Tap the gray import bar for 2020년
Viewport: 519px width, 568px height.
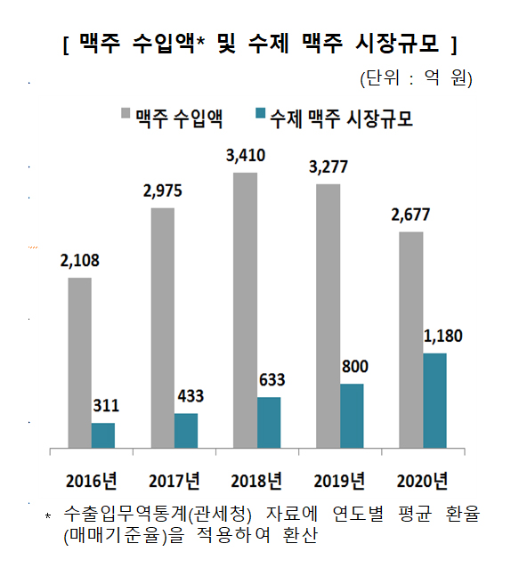pyautogui.click(x=410, y=339)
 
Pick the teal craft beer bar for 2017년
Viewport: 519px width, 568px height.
pyautogui.click(x=186, y=431)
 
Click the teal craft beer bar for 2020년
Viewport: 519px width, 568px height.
pyautogui.click(x=434, y=401)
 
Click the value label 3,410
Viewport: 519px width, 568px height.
pyautogui.click(x=247, y=157)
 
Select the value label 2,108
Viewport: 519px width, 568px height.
pyautogui.click(x=80, y=262)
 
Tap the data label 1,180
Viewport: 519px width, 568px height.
pyautogui.click(x=443, y=337)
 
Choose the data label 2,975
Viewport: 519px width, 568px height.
pyautogui.click(x=164, y=191)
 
